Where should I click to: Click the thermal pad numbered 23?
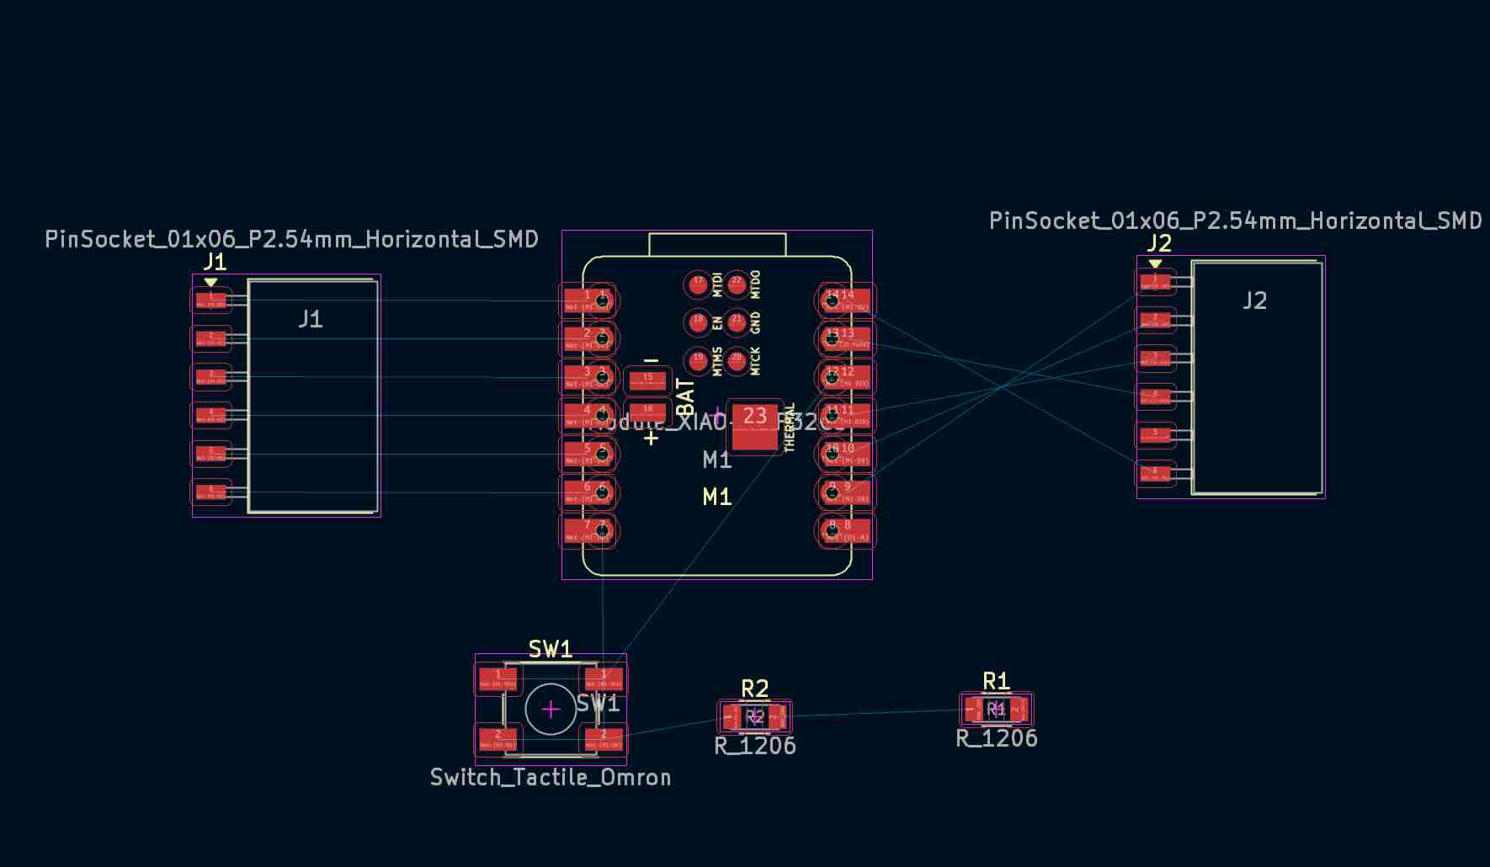click(x=754, y=427)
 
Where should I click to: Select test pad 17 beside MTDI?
click(x=698, y=285)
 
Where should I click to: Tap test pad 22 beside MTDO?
click(x=737, y=285)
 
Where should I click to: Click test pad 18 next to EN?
click(x=698, y=322)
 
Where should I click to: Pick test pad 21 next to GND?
click(x=737, y=322)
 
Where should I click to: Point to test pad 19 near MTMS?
click(x=698, y=361)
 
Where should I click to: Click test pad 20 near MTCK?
click(x=737, y=361)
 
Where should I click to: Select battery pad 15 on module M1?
click(x=647, y=380)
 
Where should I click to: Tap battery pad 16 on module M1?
click(x=647, y=412)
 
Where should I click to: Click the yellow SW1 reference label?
click(x=551, y=649)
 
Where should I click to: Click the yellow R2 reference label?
click(x=755, y=689)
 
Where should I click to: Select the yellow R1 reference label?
click(x=997, y=681)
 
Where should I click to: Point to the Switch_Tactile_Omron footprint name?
click(x=551, y=777)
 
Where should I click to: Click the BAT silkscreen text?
click(x=686, y=397)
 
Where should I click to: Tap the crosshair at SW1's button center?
click(x=551, y=710)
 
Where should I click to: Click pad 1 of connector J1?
click(x=211, y=300)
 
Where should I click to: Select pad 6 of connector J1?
click(x=211, y=492)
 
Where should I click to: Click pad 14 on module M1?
click(x=846, y=300)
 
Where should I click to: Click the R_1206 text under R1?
click(x=997, y=738)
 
